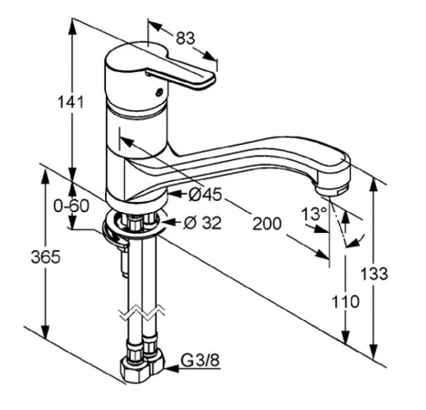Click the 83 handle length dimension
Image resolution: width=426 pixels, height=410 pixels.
pos(186,39)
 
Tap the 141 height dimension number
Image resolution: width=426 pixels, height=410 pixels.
pos(71,102)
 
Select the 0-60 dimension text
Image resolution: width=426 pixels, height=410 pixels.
pos(71,206)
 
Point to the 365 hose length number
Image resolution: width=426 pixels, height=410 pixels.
pos(45,257)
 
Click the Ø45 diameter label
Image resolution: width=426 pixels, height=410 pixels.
pos(205,195)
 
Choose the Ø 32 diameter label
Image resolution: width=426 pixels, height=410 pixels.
pos(203,223)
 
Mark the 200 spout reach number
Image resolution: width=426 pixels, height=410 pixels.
pos(267,223)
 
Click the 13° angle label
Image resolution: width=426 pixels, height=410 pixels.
pos(313,214)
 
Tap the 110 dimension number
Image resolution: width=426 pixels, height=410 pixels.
pos(346,302)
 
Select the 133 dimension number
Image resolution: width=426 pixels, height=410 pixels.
pos(374,274)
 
